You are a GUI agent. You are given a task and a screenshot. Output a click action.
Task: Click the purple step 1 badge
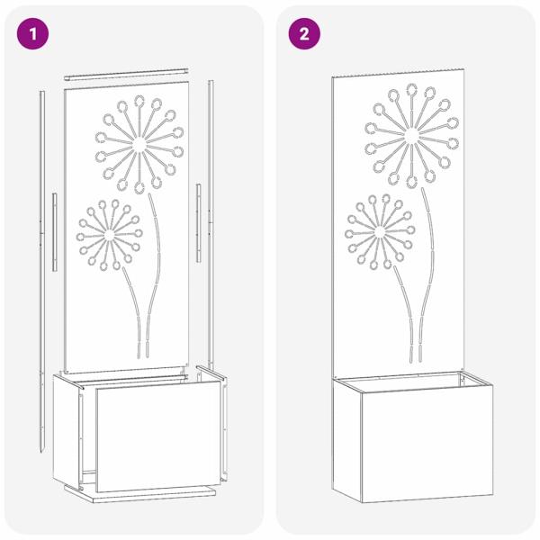[x=32, y=34]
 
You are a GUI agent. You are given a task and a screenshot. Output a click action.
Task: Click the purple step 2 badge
[x=304, y=34]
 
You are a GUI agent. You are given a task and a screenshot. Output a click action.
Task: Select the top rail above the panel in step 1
[x=126, y=75]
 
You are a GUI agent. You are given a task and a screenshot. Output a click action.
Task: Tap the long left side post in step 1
[x=42, y=272]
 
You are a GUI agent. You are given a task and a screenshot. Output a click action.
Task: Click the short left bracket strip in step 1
[x=54, y=232]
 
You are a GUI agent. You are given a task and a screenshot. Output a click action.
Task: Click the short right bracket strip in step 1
[x=198, y=223]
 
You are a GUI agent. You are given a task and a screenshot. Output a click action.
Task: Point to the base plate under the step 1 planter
[x=139, y=493]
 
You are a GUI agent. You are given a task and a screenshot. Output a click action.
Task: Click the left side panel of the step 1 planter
[x=66, y=431]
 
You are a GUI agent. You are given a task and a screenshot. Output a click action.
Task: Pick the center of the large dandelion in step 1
[x=139, y=145]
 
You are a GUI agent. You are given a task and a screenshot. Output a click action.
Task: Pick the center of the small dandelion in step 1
[x=109, y=235]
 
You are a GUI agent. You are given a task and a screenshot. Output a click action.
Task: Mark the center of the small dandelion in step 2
[x=380, y=232]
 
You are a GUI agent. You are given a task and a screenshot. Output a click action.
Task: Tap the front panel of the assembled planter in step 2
[x=427, y=444]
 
